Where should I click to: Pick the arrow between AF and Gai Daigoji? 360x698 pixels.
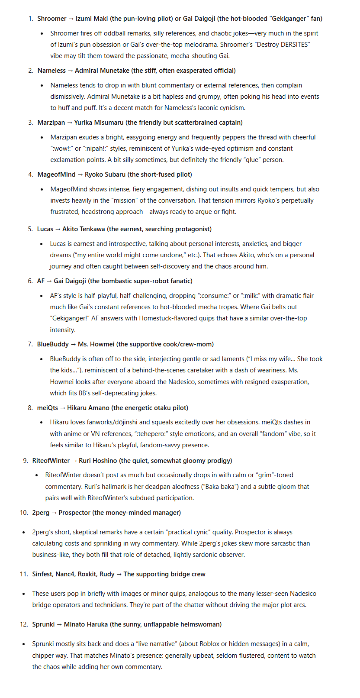[x=49, y=281]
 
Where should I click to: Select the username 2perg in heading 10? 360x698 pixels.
[x=41, y=513]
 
